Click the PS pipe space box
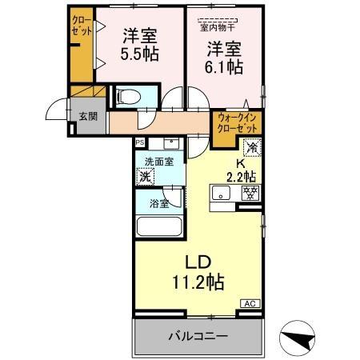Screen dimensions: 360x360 [140, 142]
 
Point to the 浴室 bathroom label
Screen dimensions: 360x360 [159, 203]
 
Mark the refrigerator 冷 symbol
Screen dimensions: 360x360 [252, 147]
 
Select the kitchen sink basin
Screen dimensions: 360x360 [219, 192]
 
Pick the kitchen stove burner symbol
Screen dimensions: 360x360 [250, 192]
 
